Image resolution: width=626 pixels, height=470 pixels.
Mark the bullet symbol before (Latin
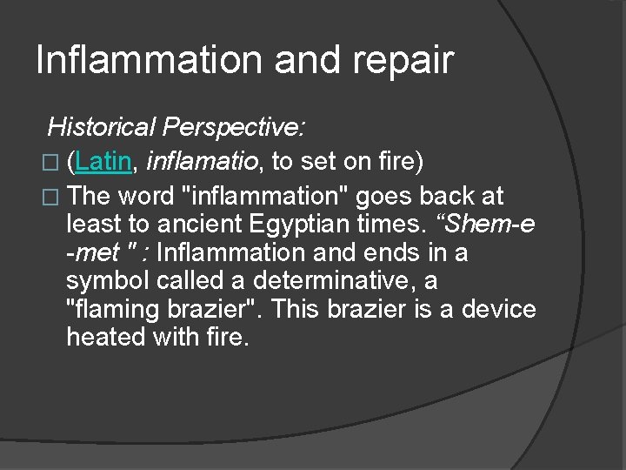(54, 162)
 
